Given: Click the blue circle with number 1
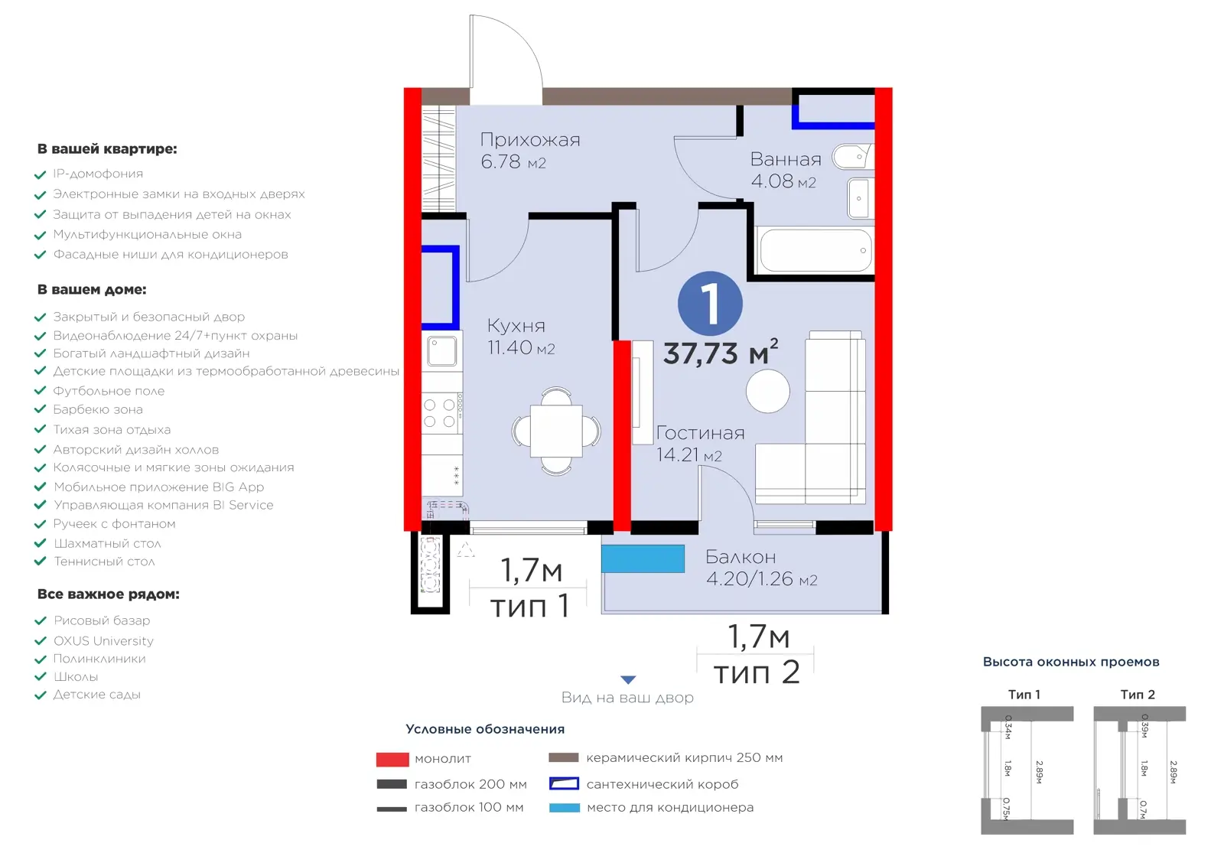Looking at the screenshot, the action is [x=710, y=304].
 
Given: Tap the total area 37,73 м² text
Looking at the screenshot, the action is [x=721, y=352].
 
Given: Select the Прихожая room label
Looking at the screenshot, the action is [x=530, y=140].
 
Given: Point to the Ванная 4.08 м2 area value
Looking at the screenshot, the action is [x=783, y=181].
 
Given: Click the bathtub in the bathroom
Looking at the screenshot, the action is [x=815, y=250].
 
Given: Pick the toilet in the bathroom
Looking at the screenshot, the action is [x=852, y=157].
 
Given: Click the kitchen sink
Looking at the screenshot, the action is [x=441, y=351].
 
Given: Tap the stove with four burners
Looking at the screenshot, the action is [x=442, y=412].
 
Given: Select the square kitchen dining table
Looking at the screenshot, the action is [x=556, y=431].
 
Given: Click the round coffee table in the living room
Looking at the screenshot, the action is [x=768, y=391].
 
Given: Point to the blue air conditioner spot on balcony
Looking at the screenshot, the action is [x=643, y=558].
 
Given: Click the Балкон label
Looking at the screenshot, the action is [x=741, y=557].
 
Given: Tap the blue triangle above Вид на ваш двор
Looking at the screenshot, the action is [x=628, y=679].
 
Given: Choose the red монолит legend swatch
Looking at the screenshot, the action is [x=392, y=759].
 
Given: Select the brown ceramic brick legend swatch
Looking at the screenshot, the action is [x=563, y=757].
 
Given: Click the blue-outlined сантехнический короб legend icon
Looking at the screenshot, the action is [x=564, y=784].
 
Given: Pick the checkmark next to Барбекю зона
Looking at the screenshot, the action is [x=40, y=409].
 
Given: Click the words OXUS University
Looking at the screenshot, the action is [x=103, y=640].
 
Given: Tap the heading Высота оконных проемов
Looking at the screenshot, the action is [x=1071, y=663].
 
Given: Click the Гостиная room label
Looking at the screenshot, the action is [x=701, y=433].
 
